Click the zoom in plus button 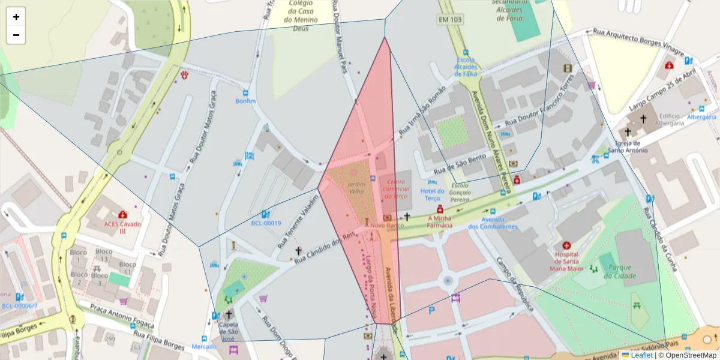(x=16, y=17)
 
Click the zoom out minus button (x=16, y=35)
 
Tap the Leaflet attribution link (x=641, y=355)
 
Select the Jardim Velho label (x=356, y=187)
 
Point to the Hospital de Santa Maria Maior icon (x=566, y=245)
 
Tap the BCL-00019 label (x=266, y=223)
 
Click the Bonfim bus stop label (x=245, y=101)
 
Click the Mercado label (x=204, y=347)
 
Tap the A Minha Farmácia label (x=439, y=222)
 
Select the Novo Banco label (x=387, y=226)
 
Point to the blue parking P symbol (x=431, y=310)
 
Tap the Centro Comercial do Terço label (x=396, y=189)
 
